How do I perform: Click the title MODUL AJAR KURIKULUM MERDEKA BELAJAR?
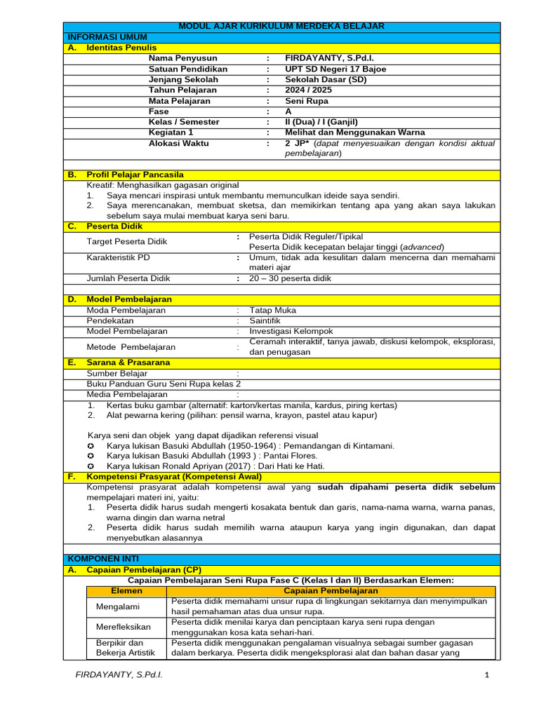click(281, 26)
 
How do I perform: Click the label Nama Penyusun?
click(182, 58)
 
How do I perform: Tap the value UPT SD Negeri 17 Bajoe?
click(335, 69)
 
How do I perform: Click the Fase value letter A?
click(288, 111)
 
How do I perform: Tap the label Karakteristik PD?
click(118, 257)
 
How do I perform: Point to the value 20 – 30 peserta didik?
click(291, 278)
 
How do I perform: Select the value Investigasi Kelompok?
click(291, 331)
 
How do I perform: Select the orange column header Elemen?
click(126, 591)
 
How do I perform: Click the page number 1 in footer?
click(486, 675)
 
